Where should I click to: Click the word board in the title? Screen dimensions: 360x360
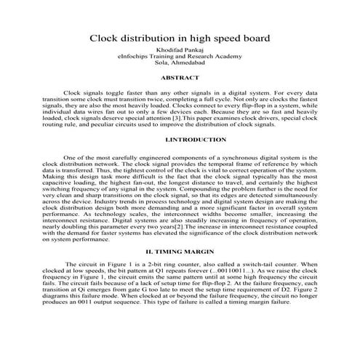[252, 37]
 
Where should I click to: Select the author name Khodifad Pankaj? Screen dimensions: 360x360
[179, 52]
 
